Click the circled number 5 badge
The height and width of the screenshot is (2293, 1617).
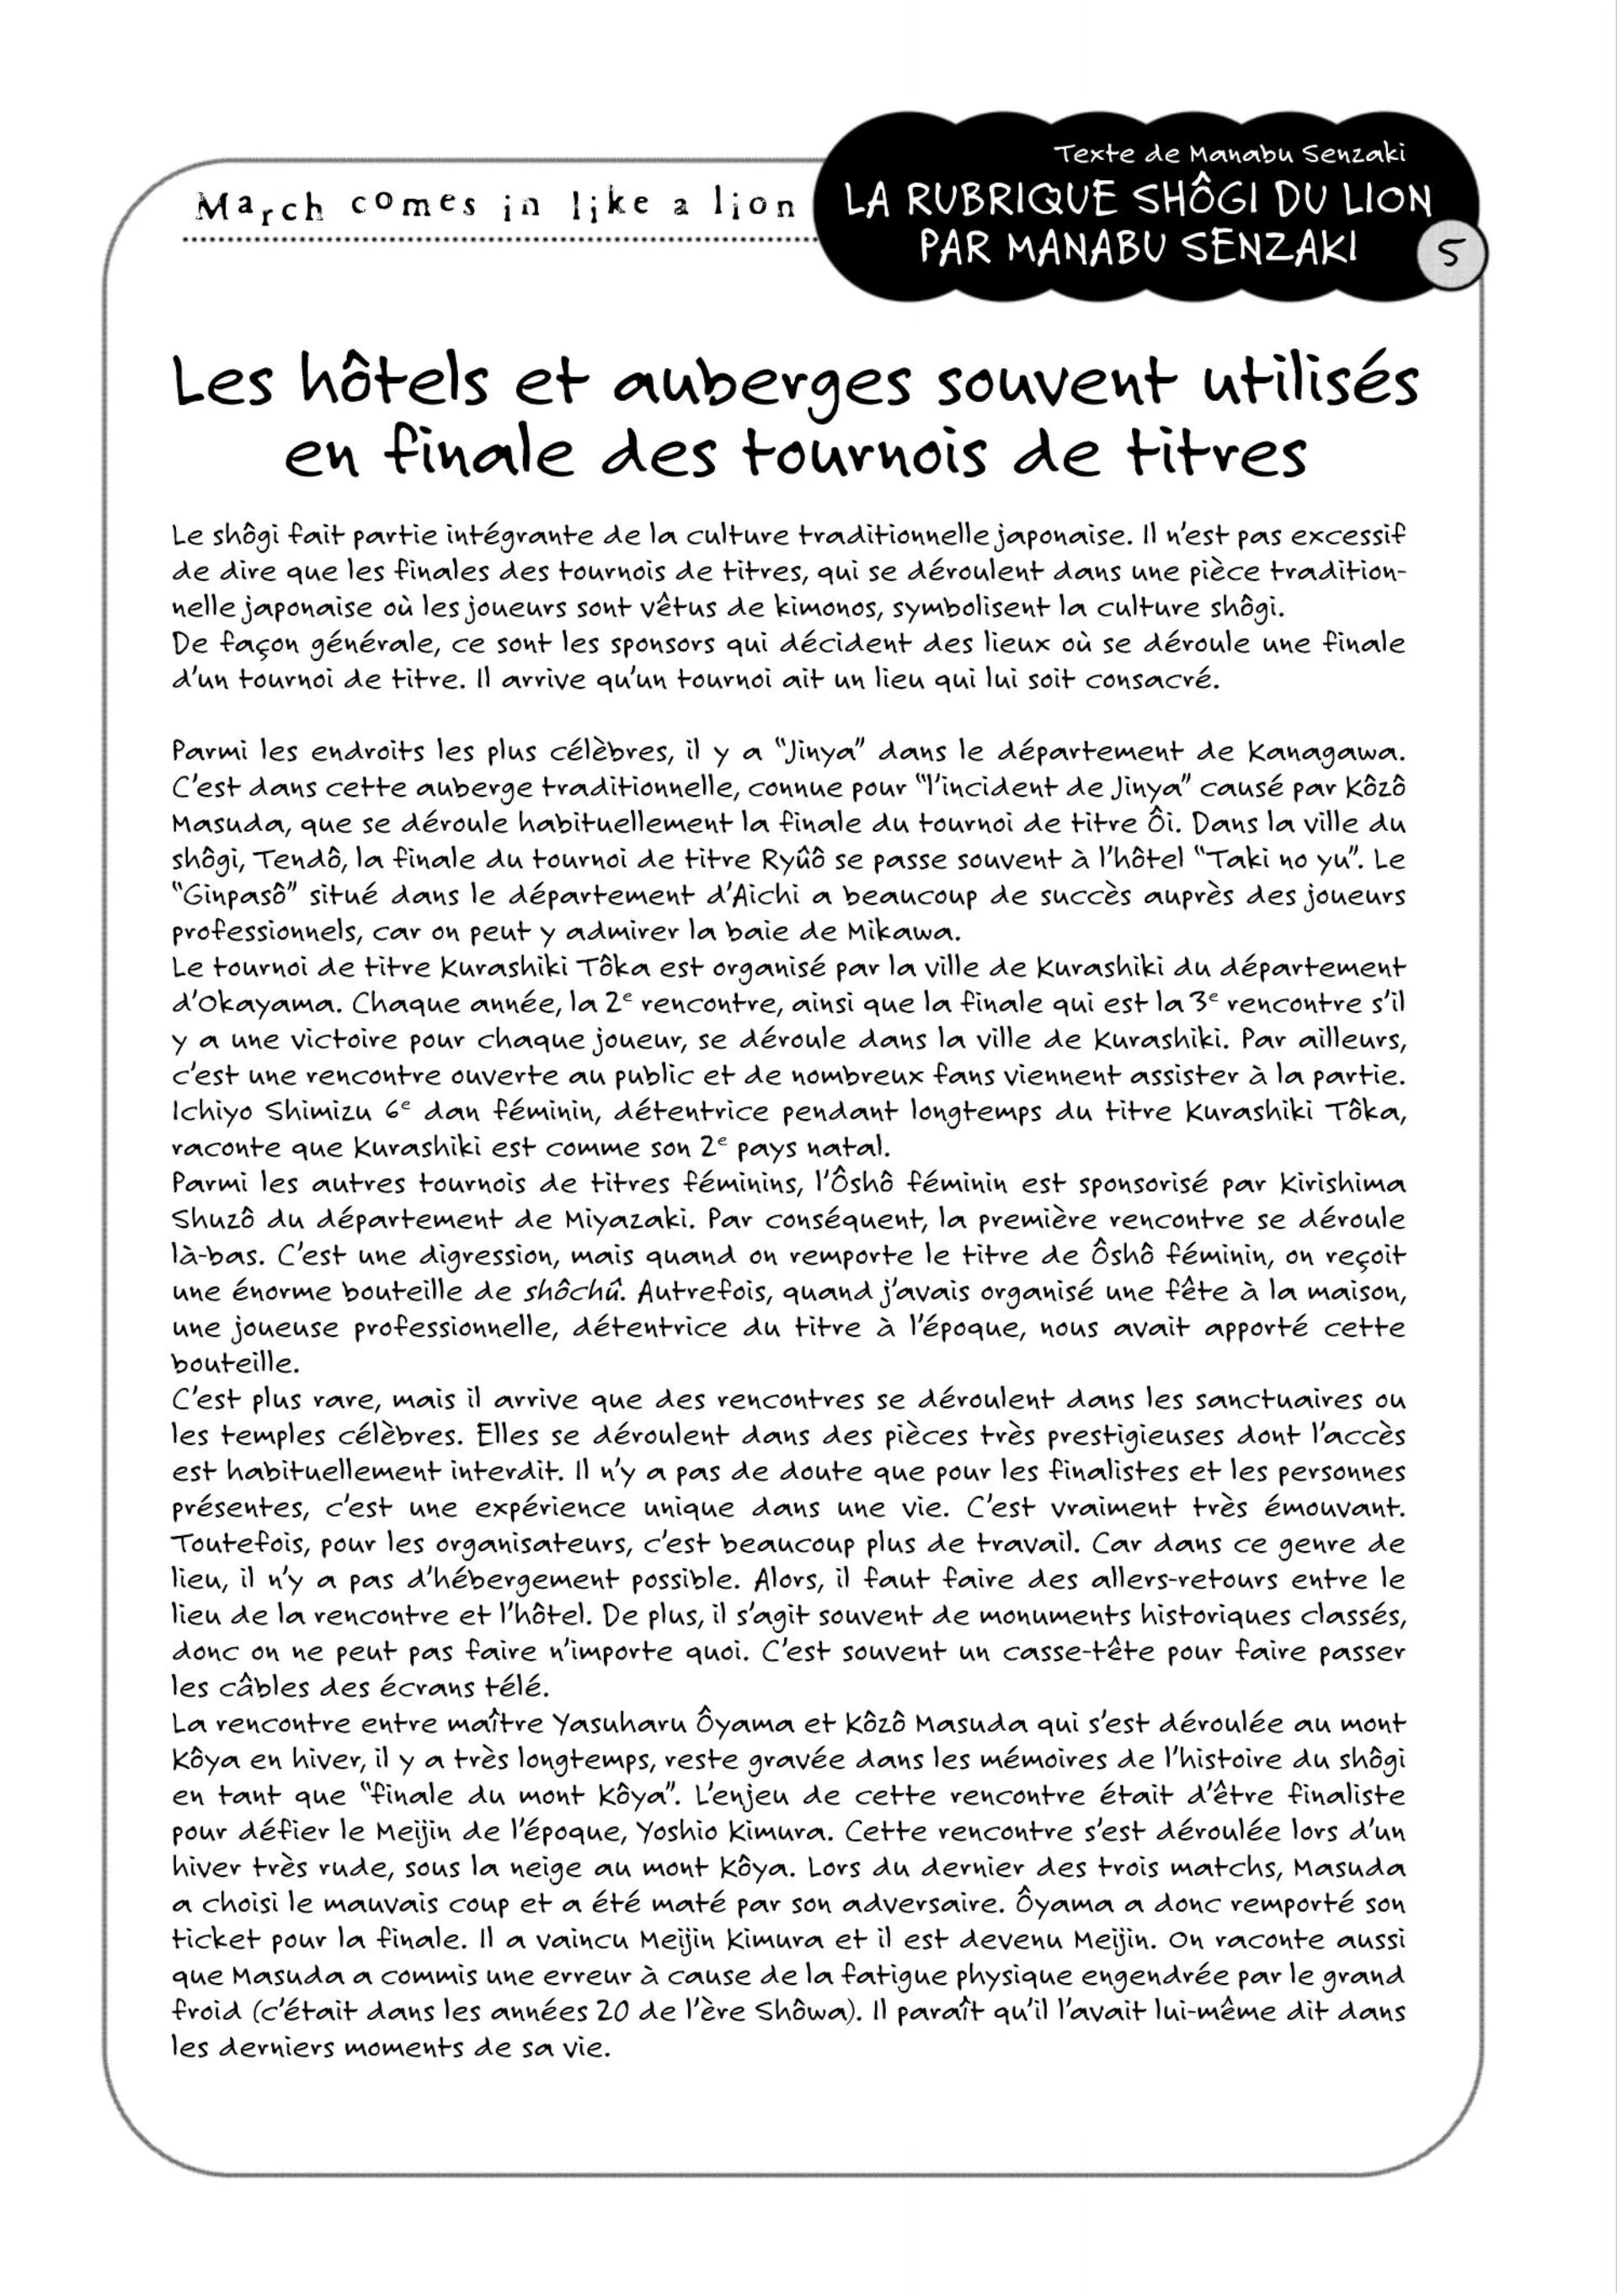click(x=1451, y=253)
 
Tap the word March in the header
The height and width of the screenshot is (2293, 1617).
click(x=259, y=206)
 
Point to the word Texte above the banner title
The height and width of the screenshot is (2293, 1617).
click(x=1091, y=154)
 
